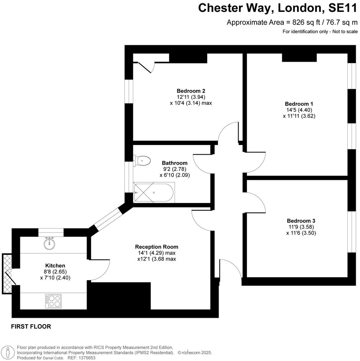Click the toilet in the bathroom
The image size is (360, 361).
click(141, 160)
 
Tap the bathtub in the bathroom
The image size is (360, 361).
click(154, 193)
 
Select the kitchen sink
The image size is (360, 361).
click(49, 243)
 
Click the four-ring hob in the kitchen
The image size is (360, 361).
click(54, 301)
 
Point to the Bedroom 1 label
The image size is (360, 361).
click(299, 104)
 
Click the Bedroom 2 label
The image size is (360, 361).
click(191, 91)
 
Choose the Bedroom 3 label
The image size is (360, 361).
click(301, 221)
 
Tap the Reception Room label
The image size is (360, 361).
click(157, 247)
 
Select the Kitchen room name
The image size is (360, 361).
click(55, 266)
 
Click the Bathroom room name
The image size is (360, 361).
click(175, 163)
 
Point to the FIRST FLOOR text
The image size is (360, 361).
click(31, 327)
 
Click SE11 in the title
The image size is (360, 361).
click(343, 8)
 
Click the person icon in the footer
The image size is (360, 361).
click(9, 353)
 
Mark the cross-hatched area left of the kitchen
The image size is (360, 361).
click(7, 273)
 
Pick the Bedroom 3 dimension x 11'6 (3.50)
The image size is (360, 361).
click(301, 233)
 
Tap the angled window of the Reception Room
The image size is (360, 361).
click(108, 219)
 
